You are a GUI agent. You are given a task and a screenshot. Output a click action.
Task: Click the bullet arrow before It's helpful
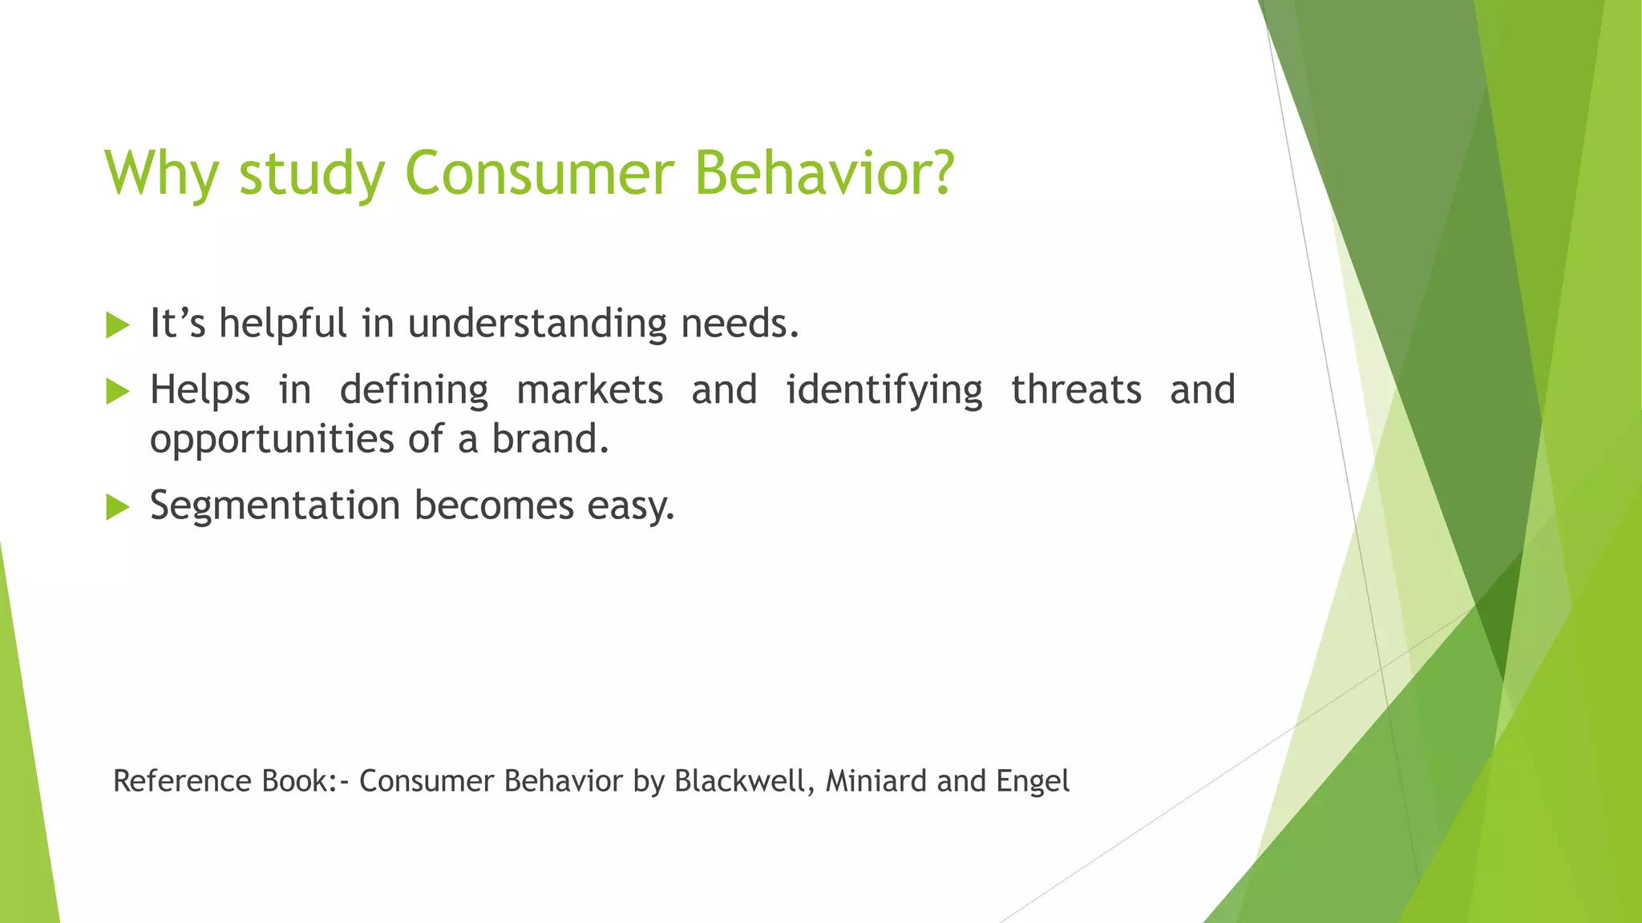click(x=117, y=325)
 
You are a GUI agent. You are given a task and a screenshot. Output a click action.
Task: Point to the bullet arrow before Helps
click(x=117, y=392)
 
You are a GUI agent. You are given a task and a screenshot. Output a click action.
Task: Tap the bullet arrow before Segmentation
click(x=117, y=507)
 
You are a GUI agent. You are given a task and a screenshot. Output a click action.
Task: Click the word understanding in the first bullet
click(x=537, y=324)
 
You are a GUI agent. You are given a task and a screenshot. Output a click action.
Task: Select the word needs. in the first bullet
click(x=740, y=324)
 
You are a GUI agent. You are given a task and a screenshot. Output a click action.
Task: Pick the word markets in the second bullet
click(x=589, y=390)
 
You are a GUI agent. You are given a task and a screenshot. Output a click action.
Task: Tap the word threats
click(x=1076, y=390)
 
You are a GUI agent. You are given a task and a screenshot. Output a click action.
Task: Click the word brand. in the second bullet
click(x=550, y=439)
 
